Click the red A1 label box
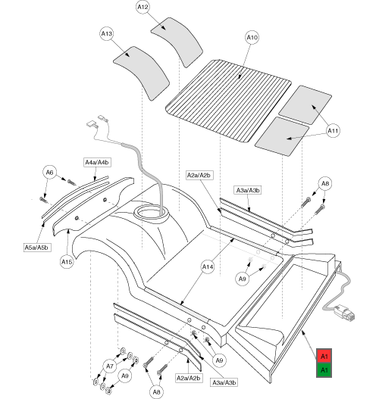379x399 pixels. point(324,357)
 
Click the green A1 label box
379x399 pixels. point(324,370)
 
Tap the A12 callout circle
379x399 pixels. point(143,7)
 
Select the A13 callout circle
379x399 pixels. point(106,33)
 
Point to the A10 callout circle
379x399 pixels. point(252,37)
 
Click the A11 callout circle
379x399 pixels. point(333,131)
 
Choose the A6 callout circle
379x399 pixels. point(49,173)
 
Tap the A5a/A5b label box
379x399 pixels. point(36,248)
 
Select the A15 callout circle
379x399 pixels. point(67,262)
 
